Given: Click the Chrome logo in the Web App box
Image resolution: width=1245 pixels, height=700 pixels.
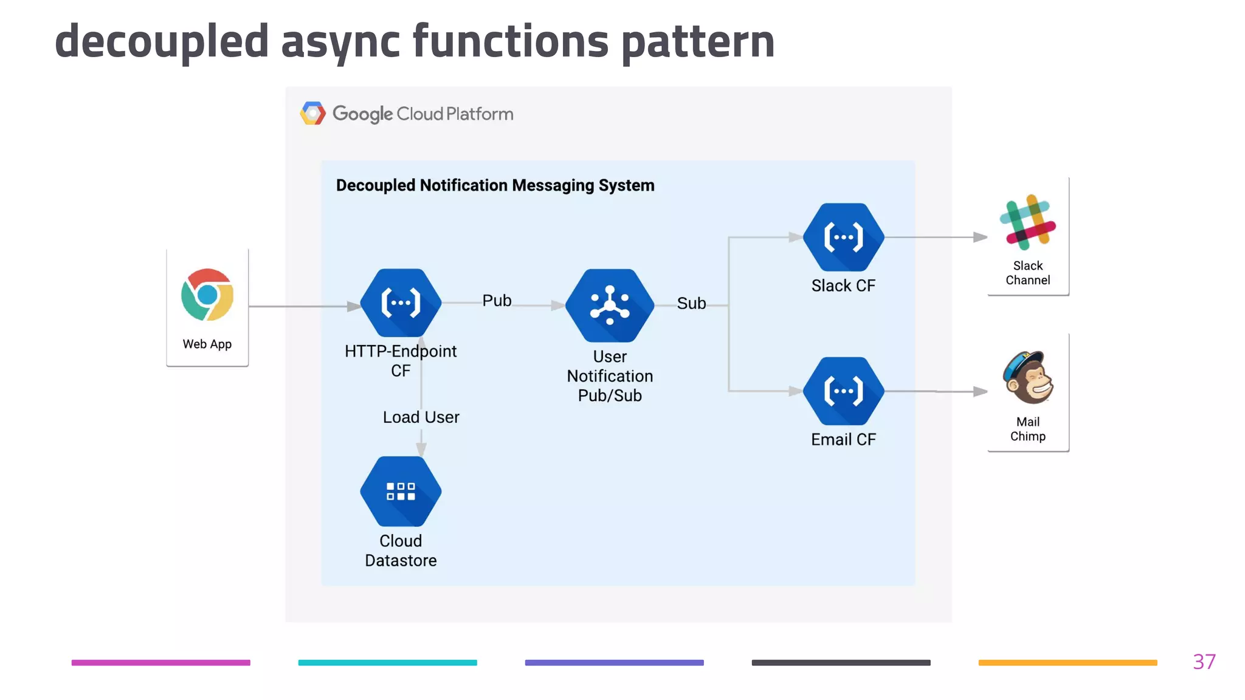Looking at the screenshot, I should [207, 295].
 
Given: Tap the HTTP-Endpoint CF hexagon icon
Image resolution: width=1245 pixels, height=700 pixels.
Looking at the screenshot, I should [401, 303].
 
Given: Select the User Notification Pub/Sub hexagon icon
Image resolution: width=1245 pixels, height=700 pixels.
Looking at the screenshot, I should [610, 305].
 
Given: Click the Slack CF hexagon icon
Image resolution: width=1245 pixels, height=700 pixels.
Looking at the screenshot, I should [843, 237].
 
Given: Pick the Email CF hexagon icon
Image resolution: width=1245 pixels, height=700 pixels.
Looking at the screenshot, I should [843, 391].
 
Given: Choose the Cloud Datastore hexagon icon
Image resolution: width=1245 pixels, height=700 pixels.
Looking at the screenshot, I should [401, 491].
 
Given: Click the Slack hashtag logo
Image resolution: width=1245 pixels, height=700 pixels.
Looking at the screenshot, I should [1027, 222].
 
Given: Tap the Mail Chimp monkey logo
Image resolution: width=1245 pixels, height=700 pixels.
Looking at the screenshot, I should [1028, 378].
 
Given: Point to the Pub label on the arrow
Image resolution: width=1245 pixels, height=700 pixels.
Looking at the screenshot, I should [497, 301].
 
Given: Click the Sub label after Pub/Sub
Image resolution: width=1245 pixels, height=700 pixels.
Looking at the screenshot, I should [691, 303].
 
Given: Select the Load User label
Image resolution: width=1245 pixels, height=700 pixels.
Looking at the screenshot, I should [421, 417].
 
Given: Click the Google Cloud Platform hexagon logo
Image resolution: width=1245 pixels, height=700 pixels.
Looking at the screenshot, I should [313, 114].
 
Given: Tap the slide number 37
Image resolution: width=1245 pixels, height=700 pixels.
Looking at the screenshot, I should [1204, 662].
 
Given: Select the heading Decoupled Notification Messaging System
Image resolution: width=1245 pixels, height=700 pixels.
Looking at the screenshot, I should [495, 185].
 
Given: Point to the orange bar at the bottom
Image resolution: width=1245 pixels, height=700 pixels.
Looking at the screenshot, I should [1067, 663].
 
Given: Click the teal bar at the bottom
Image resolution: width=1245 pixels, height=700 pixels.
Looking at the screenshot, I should [387, 663].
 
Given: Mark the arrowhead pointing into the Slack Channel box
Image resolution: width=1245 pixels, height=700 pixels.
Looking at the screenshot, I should [979, 237].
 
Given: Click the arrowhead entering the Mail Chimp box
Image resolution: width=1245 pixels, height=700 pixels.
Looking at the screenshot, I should [979, 391].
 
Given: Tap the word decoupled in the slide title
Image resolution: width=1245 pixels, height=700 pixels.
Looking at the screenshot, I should [162, 41].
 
